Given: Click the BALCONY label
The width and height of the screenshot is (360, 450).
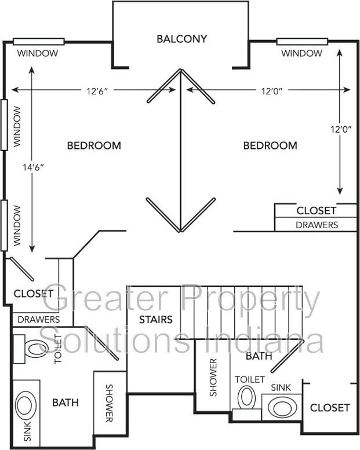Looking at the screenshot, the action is (181, 39).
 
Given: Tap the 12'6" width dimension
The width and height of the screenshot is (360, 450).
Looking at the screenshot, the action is (97, 92).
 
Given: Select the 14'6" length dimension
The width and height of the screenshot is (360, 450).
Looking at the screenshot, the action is (34, 167).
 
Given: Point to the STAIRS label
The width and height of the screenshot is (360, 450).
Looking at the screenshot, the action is (156, 320).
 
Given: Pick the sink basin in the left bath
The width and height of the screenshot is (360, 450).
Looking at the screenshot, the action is (26, 405).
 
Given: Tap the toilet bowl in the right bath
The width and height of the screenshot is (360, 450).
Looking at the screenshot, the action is (246, 397).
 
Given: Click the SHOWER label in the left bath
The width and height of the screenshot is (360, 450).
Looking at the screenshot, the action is (109, 403).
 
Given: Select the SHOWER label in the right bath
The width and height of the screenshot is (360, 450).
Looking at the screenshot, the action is (213, 378).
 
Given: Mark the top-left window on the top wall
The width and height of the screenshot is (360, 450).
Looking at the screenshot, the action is (39, 42).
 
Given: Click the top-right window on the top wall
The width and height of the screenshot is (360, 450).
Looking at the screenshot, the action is (302, 42).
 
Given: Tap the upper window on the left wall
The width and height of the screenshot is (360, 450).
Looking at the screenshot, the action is (4, 125).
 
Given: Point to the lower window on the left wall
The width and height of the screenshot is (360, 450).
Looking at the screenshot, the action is (4, 225).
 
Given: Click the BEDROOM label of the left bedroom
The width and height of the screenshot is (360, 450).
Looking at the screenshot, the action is (94, 145).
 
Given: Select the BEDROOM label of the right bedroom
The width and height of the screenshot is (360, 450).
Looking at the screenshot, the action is (270, 145).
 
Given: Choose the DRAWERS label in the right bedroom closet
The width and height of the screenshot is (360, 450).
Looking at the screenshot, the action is (317, 225).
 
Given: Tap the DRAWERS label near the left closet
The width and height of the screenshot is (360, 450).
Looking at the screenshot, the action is (39, 320).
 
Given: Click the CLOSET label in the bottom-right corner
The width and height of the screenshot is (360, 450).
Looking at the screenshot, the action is (330, 408).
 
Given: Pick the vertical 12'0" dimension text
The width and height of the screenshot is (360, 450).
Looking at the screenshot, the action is (341, 129).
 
